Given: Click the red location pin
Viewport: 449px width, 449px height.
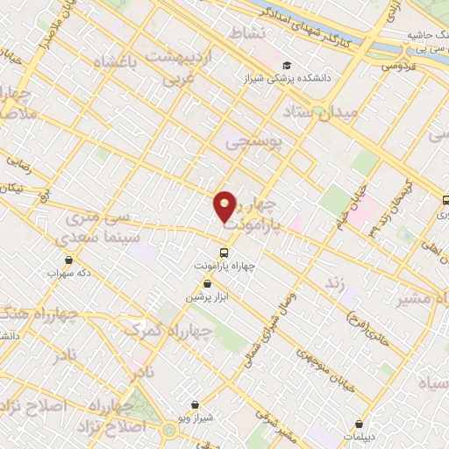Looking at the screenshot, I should [x=225, y=205].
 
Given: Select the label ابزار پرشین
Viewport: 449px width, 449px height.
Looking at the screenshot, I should [x=205, y=297].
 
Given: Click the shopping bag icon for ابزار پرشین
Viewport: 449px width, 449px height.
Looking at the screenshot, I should [x=207, y=284].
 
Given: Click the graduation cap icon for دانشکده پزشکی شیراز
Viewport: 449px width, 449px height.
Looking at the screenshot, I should [x=287, y=66].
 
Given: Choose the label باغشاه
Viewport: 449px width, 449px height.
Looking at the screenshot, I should [x=117, y=64].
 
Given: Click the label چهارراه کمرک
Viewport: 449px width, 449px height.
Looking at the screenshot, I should [x=167, y=331].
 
